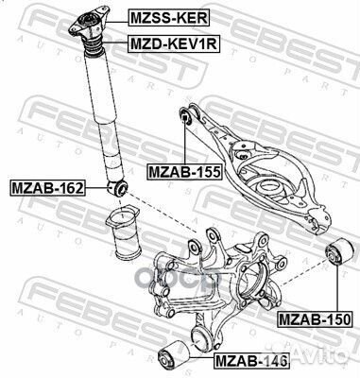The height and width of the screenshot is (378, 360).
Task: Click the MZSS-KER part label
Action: [x=168, y=18]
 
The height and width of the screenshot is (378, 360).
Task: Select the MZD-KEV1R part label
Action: [x=173, y=43]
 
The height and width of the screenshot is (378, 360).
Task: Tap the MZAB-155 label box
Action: [x=185, y=172]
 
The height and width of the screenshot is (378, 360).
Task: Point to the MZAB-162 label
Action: [x=47, y=188]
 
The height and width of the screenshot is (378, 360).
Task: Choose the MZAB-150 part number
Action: [x=315, y=319]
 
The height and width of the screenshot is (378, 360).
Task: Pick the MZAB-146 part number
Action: [x=251, y=361]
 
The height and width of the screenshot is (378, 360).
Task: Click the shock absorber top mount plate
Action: [x=89, y=23]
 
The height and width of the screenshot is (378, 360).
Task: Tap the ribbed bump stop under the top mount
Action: [x=93, y=46]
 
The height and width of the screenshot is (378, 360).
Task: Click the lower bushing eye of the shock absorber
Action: [x=117, y=188]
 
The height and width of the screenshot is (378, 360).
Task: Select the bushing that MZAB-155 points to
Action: [x=185, y=117]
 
